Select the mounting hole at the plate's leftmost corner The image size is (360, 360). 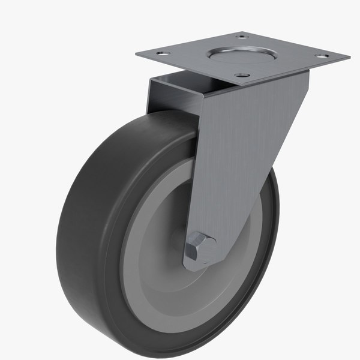tap(160, 54)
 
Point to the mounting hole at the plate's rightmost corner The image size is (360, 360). tap(323, 56)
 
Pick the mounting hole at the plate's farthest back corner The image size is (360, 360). tap(242, 37)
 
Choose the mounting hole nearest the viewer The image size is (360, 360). tap(242, 76)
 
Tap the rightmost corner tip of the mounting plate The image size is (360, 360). tap(349, 58)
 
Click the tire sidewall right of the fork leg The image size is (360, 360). tap(270, 240)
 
